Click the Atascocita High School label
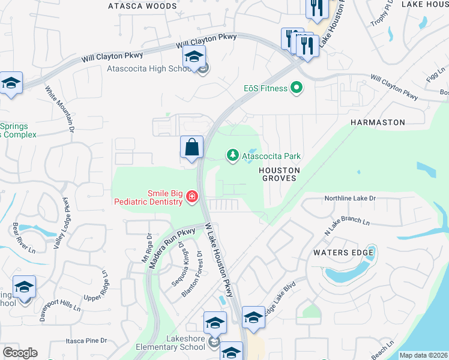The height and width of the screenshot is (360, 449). [x=149, y=68]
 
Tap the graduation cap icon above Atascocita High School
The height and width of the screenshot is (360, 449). [x=194, y=57]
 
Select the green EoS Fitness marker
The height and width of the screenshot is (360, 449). [x=296, y=88]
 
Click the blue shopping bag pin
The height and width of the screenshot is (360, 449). [x=191, y=147]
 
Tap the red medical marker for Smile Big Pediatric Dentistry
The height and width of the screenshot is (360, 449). [x=191, y=197]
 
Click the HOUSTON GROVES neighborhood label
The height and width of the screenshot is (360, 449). [x=279, y=175]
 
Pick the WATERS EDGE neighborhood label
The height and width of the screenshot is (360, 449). [x=343, y=253]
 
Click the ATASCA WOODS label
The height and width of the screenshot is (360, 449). [x=142, y=6]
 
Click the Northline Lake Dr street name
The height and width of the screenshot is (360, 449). [x=349, y=198]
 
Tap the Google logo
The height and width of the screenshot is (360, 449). [x=20, y=353]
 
